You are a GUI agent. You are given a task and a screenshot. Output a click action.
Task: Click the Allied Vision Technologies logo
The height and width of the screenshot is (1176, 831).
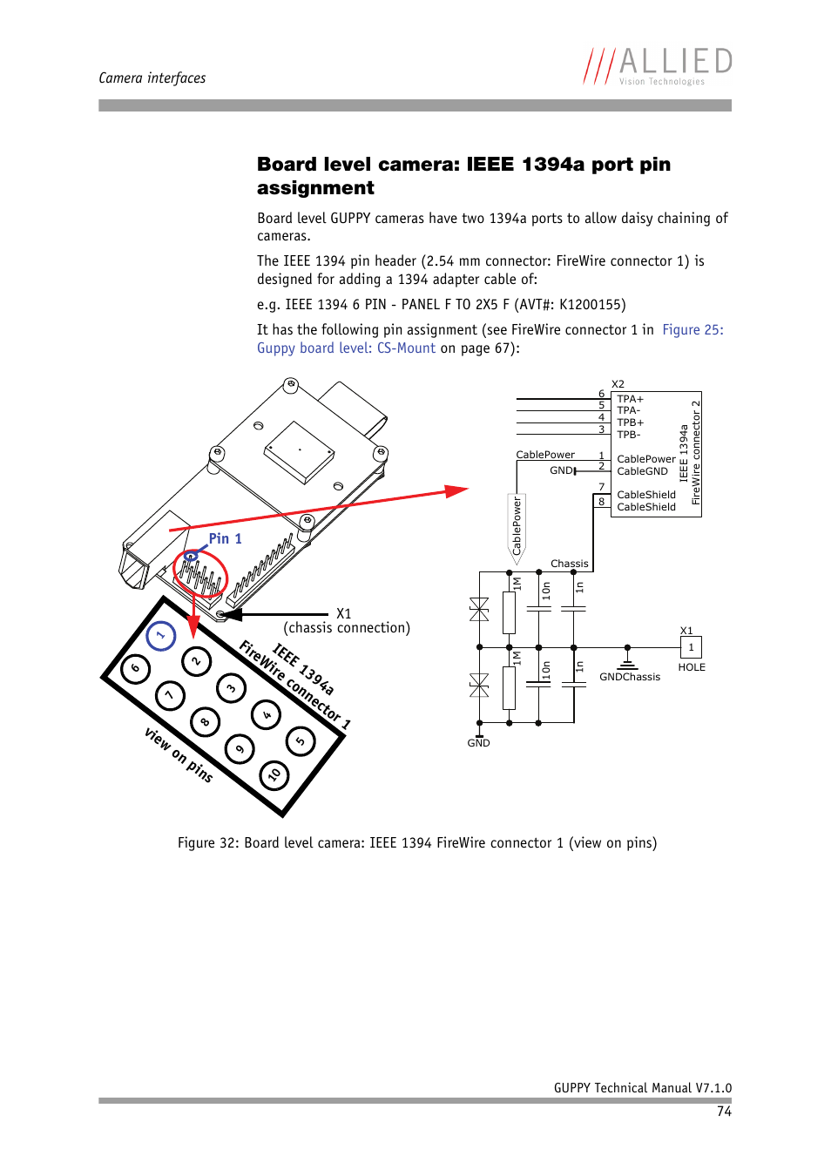pyautogui.click(x=658, y=66)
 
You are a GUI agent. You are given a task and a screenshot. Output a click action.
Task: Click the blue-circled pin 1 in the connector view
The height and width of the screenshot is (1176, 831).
pyautogui.click(x=161, y=636)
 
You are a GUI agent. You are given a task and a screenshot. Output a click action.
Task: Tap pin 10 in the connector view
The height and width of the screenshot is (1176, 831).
pyautogui.click(x=274, y=774)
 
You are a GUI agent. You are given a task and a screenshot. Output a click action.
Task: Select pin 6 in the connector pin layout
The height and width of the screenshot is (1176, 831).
pyautogui.click(x=135, y=669)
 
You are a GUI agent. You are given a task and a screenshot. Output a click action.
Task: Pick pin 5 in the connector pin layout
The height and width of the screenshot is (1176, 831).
pyautogui.click(x=301, y=741)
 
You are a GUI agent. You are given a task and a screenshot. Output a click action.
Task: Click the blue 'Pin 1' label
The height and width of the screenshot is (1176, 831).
pyautogui.click(x=226, y=539)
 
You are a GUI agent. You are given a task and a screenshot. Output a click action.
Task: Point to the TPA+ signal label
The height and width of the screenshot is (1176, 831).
pyautogui.click(x=630, y=399)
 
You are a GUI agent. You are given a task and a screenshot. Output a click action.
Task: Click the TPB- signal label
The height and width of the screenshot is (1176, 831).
pyautogui.click(x=628, y=435)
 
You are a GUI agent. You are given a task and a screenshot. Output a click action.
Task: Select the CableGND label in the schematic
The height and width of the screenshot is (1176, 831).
pyautogui.click(x=642, y=471)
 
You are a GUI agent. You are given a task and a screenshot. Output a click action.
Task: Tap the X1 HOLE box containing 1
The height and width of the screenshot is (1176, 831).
pyautogui.click(x=691, y=647)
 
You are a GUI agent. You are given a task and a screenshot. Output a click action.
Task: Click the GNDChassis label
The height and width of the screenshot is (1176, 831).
pyautogui.click(x=630, y=677)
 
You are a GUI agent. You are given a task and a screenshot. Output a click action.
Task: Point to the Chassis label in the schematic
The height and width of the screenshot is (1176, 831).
pyautogui.click(x=570, y=564)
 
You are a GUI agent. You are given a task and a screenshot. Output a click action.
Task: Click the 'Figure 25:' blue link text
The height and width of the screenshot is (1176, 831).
pyautogui.click(x=692, y=330)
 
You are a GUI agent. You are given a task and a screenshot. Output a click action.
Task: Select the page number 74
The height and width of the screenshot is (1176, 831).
pyautogui.click(x=724, y=1112)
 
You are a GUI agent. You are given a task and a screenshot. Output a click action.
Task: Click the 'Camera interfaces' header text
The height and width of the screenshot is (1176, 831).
pyautogui.click(x=152, y=78)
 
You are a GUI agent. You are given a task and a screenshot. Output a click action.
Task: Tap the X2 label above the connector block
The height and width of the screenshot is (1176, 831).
pyautogui.click(x=618, y=384)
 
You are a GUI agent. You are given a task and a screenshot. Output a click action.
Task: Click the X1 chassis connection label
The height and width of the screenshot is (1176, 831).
pyautogui.click(x=344, y=614)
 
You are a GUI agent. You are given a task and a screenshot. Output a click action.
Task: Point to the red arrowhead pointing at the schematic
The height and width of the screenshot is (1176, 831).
pyautogui.click(x=456, y=491)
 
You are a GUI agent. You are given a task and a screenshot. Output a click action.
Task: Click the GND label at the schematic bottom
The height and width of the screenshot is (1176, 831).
pyautogui.click(x=478, y=743)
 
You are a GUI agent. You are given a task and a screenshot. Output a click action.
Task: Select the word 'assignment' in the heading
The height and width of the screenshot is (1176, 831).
pyautogui.click(x=315, y=188)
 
